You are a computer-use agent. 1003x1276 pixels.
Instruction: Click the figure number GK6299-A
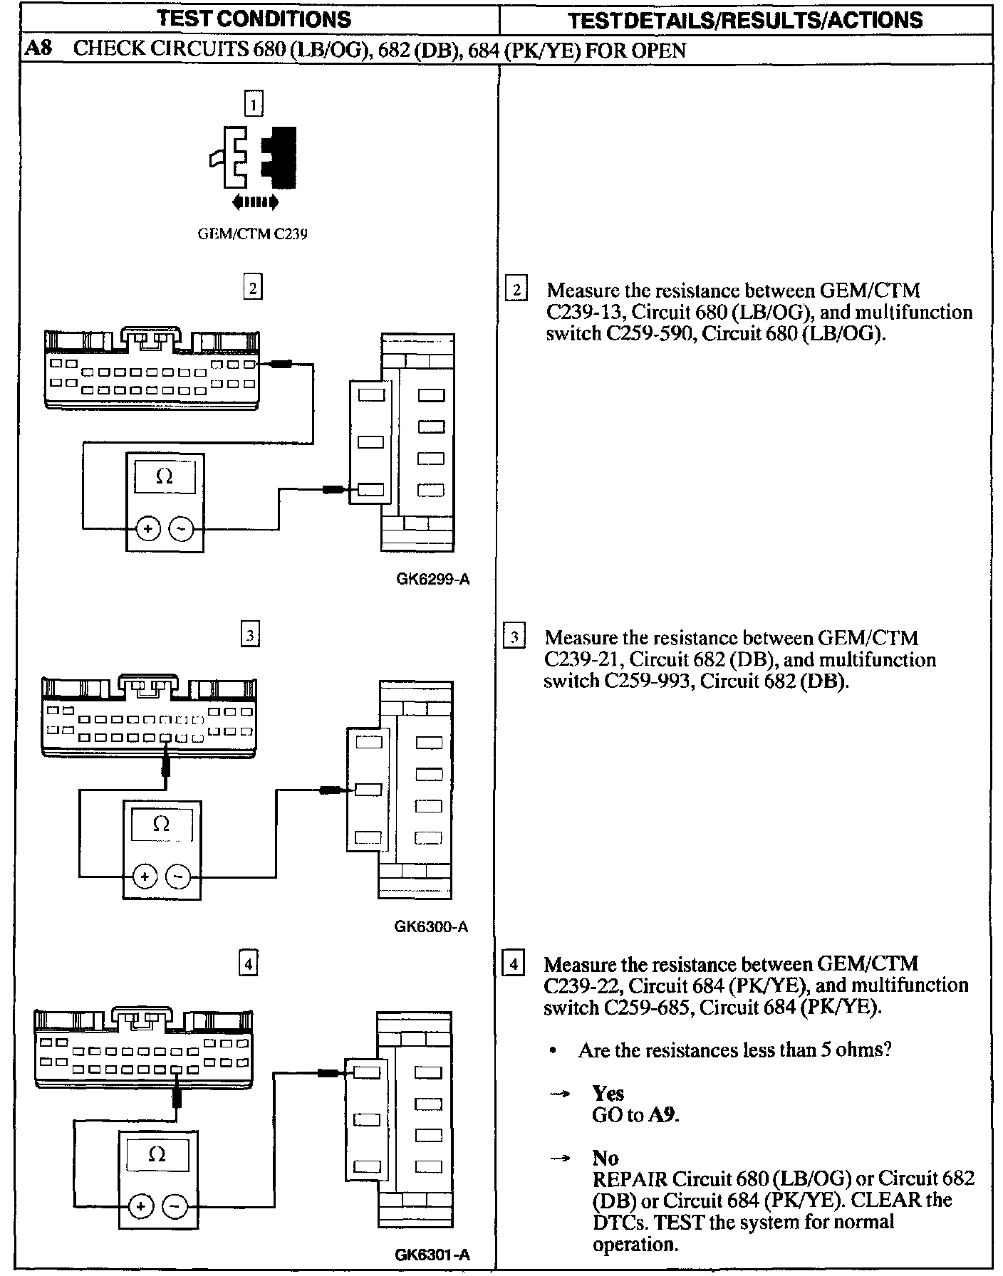coord(432,579)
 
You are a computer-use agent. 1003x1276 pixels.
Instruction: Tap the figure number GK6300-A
coord(431,927)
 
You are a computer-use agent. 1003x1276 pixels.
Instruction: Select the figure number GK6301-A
coord(432,1255)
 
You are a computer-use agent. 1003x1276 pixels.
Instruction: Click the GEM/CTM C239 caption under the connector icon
coord(253,234)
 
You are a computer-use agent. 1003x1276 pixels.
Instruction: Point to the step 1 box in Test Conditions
coord(254,105)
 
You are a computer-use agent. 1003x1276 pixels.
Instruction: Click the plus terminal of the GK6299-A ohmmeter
coord(148,528)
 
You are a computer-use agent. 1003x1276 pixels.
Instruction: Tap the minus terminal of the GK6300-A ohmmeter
coord(178,876)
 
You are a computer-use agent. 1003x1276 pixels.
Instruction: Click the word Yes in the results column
coord(608,1093)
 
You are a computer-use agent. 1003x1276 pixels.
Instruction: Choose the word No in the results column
coord(605,1158)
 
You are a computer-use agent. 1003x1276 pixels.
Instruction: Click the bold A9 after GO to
coord(663,1115)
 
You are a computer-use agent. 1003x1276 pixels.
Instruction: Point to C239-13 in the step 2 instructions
coord(579,313)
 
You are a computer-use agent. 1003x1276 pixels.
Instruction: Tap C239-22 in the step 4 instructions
coord(578,986)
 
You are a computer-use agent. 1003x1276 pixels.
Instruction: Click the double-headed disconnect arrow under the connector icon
coord(254,203)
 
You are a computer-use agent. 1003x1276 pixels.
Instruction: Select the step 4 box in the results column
coord(514,965)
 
